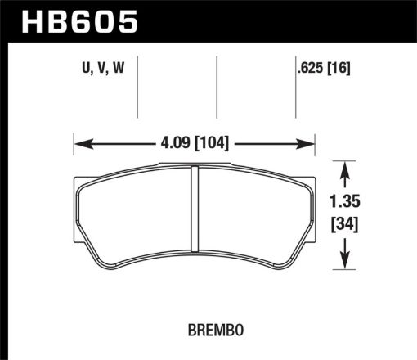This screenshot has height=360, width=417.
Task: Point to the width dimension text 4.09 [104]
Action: click(x=194, y=145)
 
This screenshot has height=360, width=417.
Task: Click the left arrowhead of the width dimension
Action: click(x=80, y=145)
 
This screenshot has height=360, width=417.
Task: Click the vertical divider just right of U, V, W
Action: click(x=137, y=86)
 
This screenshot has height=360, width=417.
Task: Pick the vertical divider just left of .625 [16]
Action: click(x=295, y=86)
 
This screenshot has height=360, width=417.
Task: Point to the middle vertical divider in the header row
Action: click(x=217, y=86)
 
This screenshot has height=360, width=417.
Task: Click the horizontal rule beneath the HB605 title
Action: click(x=208, y=38)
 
